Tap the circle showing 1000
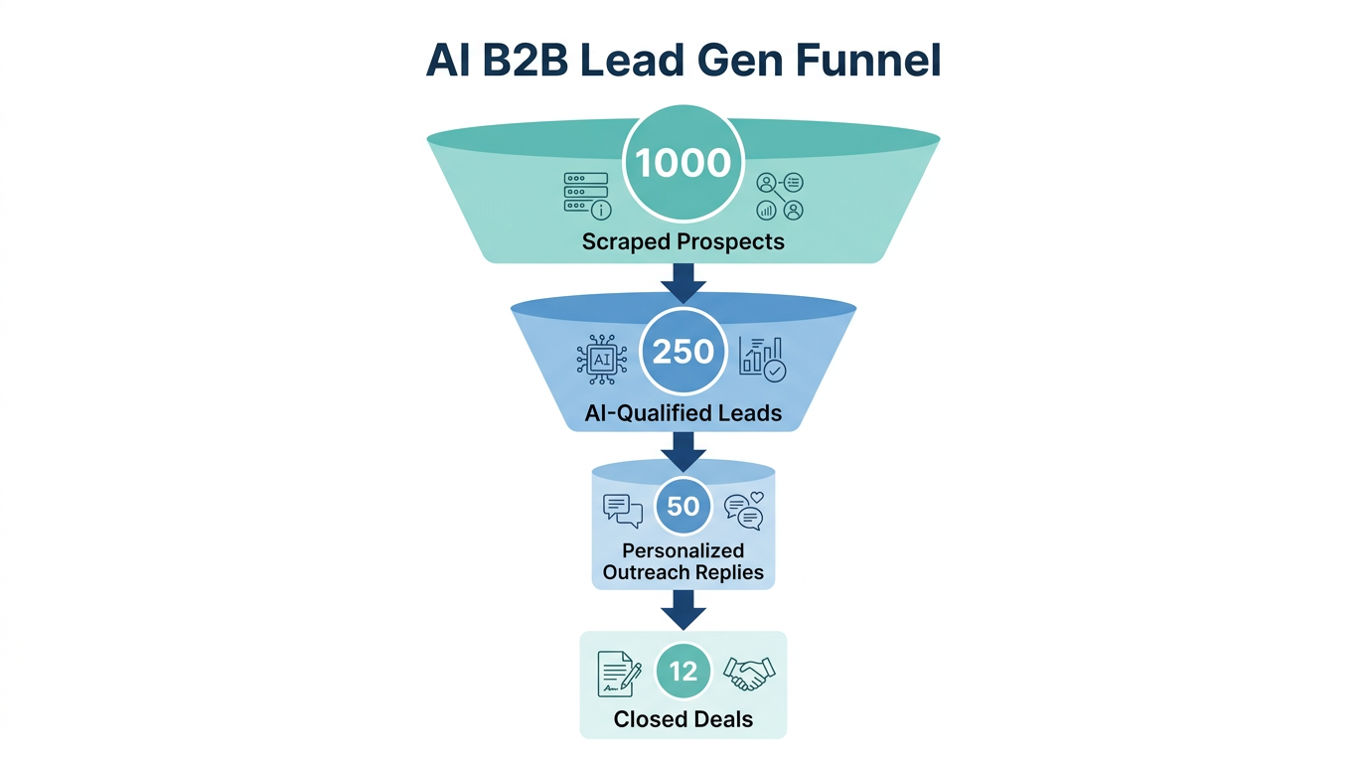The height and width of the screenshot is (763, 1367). (x=683, y=162)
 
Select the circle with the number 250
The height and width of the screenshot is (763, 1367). (x=683, y=352)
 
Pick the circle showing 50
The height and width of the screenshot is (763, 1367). (x=683, y=507)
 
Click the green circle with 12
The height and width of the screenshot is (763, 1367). (x=683, y=672)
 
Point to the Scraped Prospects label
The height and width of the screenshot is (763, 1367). (x=683, y=241)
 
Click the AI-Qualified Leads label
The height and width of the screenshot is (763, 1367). (x=683, y=413)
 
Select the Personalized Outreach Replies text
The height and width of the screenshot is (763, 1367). (x=683, y=561)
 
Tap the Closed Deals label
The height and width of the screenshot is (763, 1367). (x=683, y=719)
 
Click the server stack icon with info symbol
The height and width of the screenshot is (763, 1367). (x=587, y=195)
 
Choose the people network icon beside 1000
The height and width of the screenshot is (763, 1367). (x=780, y=196)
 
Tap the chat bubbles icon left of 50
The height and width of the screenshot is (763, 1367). (x=623, y=510)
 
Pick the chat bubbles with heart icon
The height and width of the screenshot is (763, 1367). (x=744, y=511)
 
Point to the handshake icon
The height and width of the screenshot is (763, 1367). (x=749, y=673)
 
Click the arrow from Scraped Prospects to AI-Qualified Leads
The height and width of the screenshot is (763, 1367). (x=683, y=282)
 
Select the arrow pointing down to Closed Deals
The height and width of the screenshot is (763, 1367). (x=683, y=609)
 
